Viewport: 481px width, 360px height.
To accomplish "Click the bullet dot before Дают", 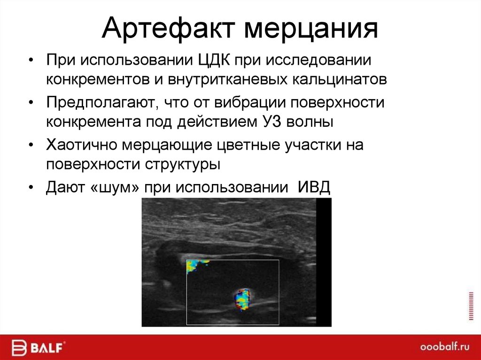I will tap(31, 187).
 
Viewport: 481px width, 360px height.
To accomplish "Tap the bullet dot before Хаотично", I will tap(31, 146).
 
